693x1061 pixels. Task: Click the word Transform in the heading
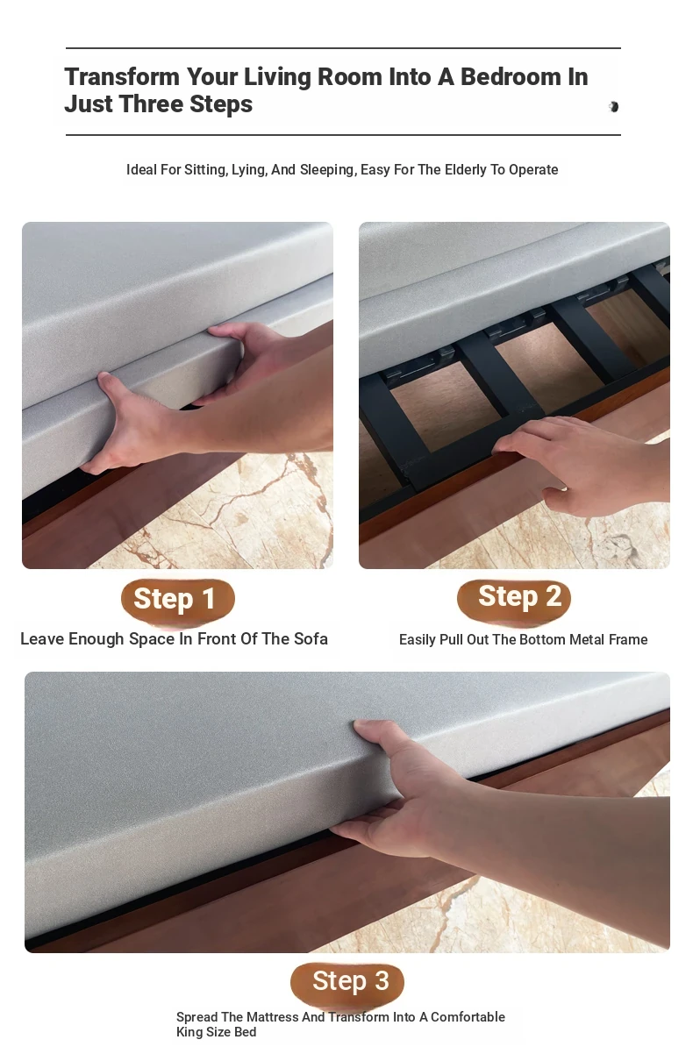(x=122, y=77)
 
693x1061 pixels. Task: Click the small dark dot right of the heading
(x=613, y=107)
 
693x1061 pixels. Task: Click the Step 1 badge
(x=178, y=600)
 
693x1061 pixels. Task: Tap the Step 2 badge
(x=514, y=598)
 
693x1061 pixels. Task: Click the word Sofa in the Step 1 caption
(x=311, y=638)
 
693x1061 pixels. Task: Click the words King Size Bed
(x=216, y=1032)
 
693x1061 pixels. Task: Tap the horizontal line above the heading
(x=343, y=48)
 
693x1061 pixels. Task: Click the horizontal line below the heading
(x=343, y=135)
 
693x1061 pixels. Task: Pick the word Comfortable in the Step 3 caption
(x=468, y=1017)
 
